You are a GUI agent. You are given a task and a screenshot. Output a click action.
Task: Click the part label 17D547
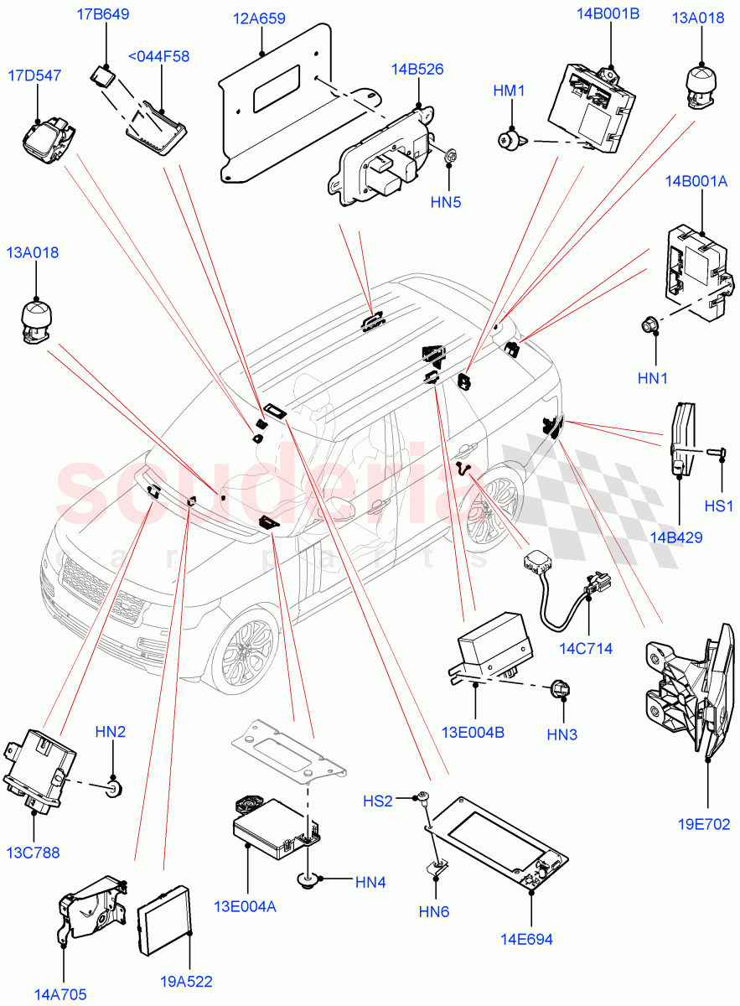point(35,75)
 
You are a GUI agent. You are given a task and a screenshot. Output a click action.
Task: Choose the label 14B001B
point(608,14)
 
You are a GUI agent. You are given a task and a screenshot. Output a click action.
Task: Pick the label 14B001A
point(696,181)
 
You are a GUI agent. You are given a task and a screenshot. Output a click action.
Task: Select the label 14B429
point(674,537)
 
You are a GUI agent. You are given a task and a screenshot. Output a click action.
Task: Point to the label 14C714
point(587,648)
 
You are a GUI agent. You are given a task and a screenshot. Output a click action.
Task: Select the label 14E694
point(528,939)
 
